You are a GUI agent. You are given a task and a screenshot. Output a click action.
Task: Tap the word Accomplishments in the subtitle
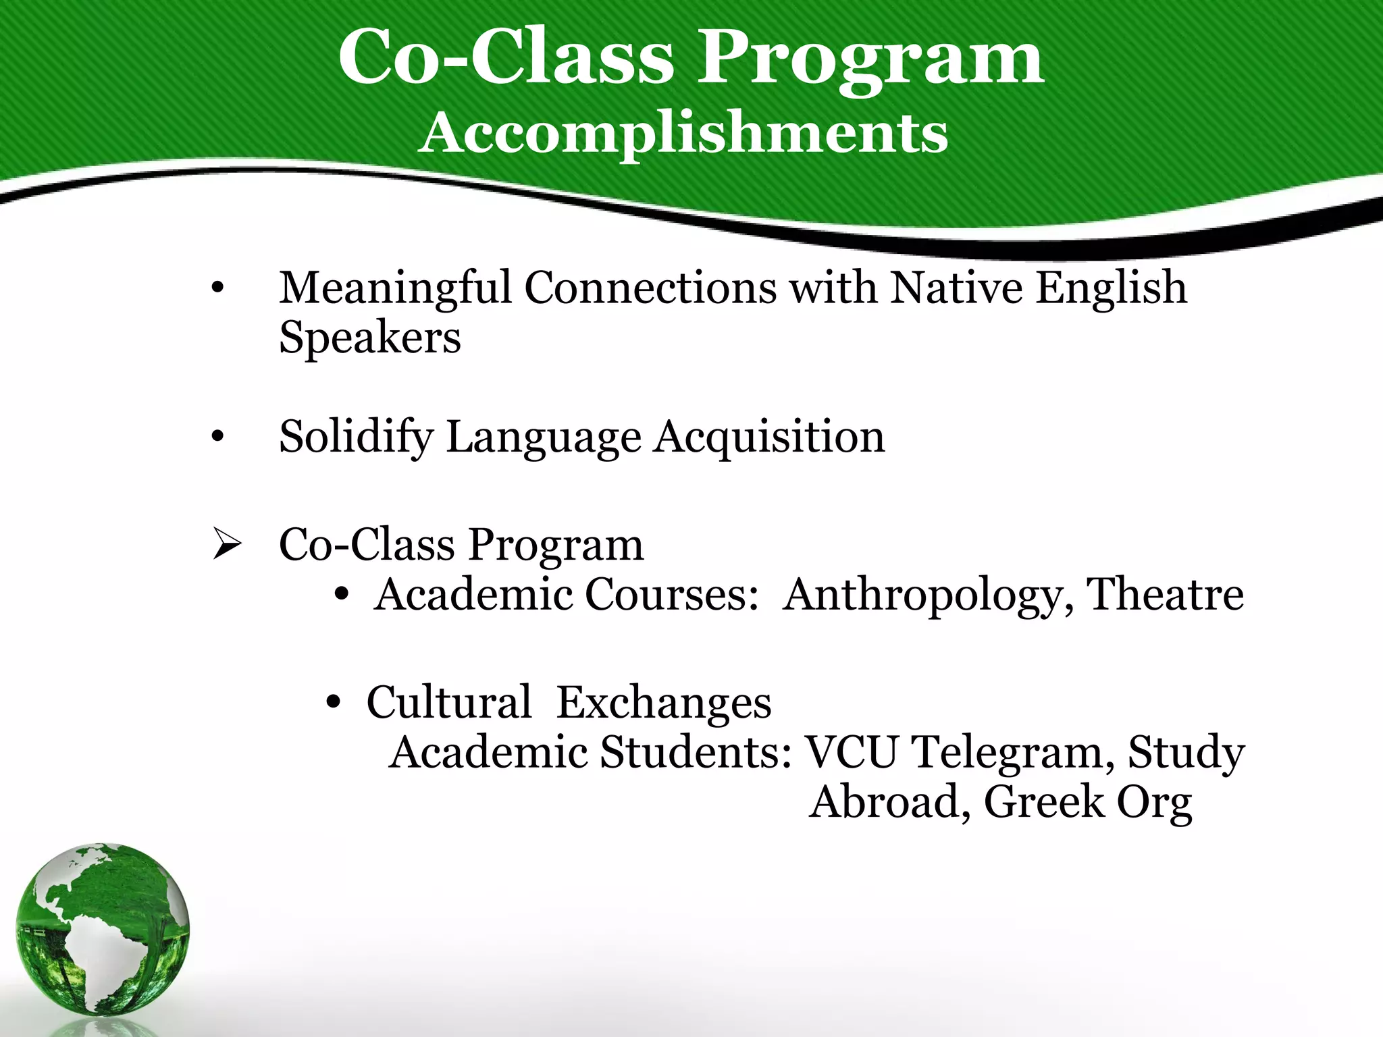[683, 133]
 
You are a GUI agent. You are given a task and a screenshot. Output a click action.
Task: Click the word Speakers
[370, 338]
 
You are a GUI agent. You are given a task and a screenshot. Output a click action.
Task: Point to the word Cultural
[448, 702]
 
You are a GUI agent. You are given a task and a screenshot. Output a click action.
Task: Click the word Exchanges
[663, 702]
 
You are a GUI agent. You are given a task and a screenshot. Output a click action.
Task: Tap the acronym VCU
[852, 752]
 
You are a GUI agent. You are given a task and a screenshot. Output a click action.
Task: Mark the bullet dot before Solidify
[217, 438]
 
